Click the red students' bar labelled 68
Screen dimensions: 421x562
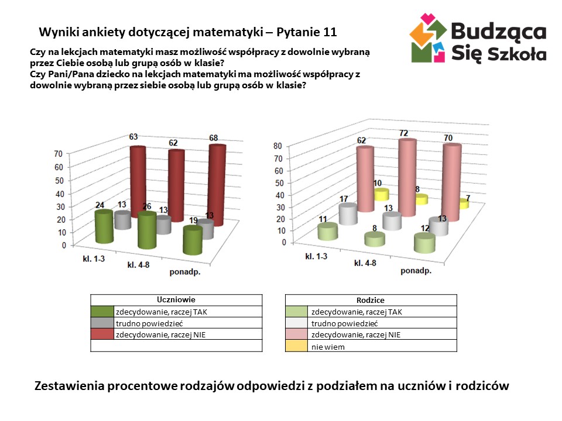point(217,186)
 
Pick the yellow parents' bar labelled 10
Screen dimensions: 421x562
point(381,195)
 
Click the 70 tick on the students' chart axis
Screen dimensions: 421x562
point(58,154)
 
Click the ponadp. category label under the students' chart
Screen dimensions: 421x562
point(186,272)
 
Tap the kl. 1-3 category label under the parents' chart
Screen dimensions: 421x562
point(316,256)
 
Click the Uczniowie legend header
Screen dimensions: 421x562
point(176,299)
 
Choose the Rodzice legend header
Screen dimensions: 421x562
point(371,300)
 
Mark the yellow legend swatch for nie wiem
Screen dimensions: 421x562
point(297,346)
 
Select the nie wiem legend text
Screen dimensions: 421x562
point(328,346)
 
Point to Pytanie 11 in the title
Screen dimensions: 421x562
point(306,31)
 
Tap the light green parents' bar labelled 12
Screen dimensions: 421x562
point(425,243)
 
